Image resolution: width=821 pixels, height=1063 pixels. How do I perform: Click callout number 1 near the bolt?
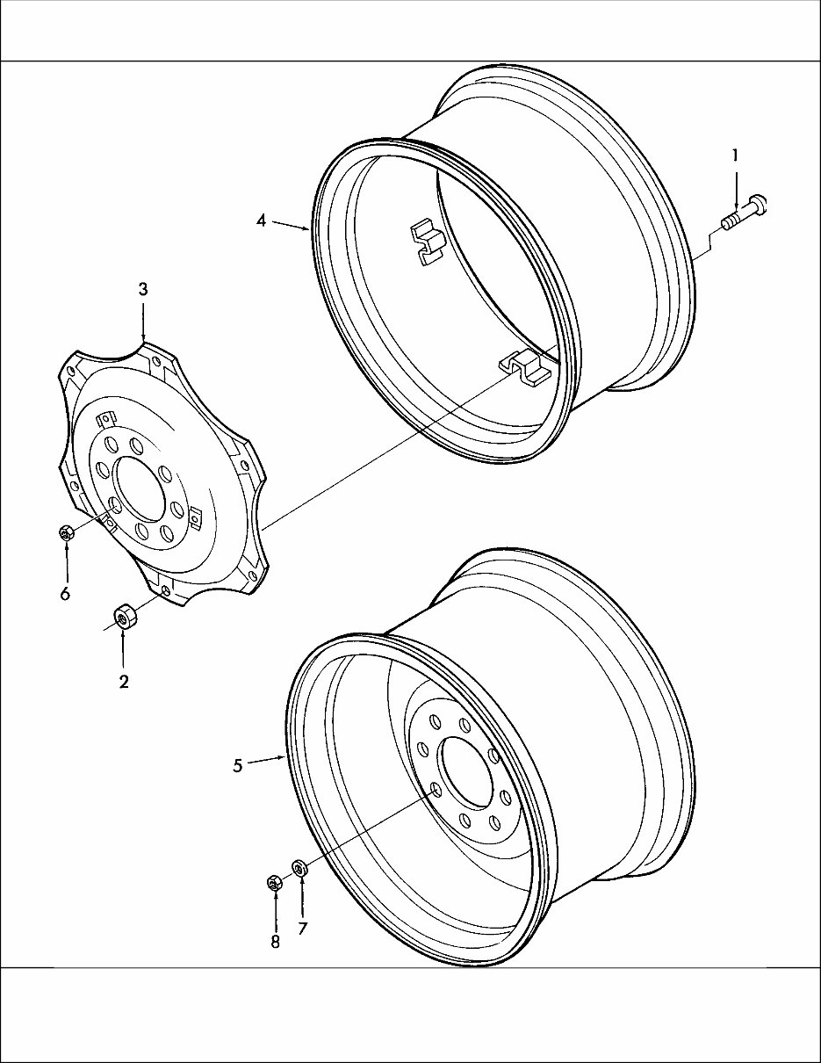click(x=735, y=155)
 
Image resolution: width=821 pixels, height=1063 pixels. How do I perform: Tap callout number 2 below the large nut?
click(x=124, y=682)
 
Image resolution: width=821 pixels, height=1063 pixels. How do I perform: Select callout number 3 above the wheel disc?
click(x=143, y=289)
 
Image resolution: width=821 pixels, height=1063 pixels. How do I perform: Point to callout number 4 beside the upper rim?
click(x=261, y=221)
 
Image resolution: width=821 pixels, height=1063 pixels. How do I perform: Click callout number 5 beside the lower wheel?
click(x=238, y=765)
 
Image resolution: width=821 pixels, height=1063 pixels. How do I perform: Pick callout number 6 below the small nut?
click(x=65, y=594)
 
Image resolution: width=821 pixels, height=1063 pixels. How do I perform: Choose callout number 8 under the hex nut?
click(x=276, y=941)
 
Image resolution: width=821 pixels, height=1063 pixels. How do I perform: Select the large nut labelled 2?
click(x=125, y=618)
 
